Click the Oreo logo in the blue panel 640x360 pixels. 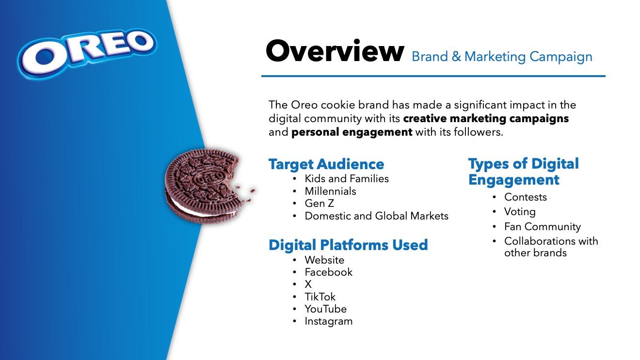point(87,53)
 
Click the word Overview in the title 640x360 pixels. point(335,51)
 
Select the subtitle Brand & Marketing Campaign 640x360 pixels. point(502,57)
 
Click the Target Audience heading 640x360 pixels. point(326,164)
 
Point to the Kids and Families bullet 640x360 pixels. point(347,179)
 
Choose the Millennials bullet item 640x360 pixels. point(330,191)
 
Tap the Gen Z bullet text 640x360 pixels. point(319,203)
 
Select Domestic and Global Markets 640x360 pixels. point(377,216)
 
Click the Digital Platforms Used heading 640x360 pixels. point(348,245)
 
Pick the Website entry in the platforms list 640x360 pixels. point(324,260)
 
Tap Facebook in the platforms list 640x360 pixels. point(329,272)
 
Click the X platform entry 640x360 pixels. point(308,284)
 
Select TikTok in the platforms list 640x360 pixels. point(320,297)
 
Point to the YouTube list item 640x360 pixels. point(325,309)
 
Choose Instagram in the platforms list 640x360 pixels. point(329,321)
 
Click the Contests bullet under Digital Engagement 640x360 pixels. point(526,197)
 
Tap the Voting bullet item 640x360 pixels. point(520,212)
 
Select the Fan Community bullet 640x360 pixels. point(542,227)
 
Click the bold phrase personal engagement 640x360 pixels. point(352,132)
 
